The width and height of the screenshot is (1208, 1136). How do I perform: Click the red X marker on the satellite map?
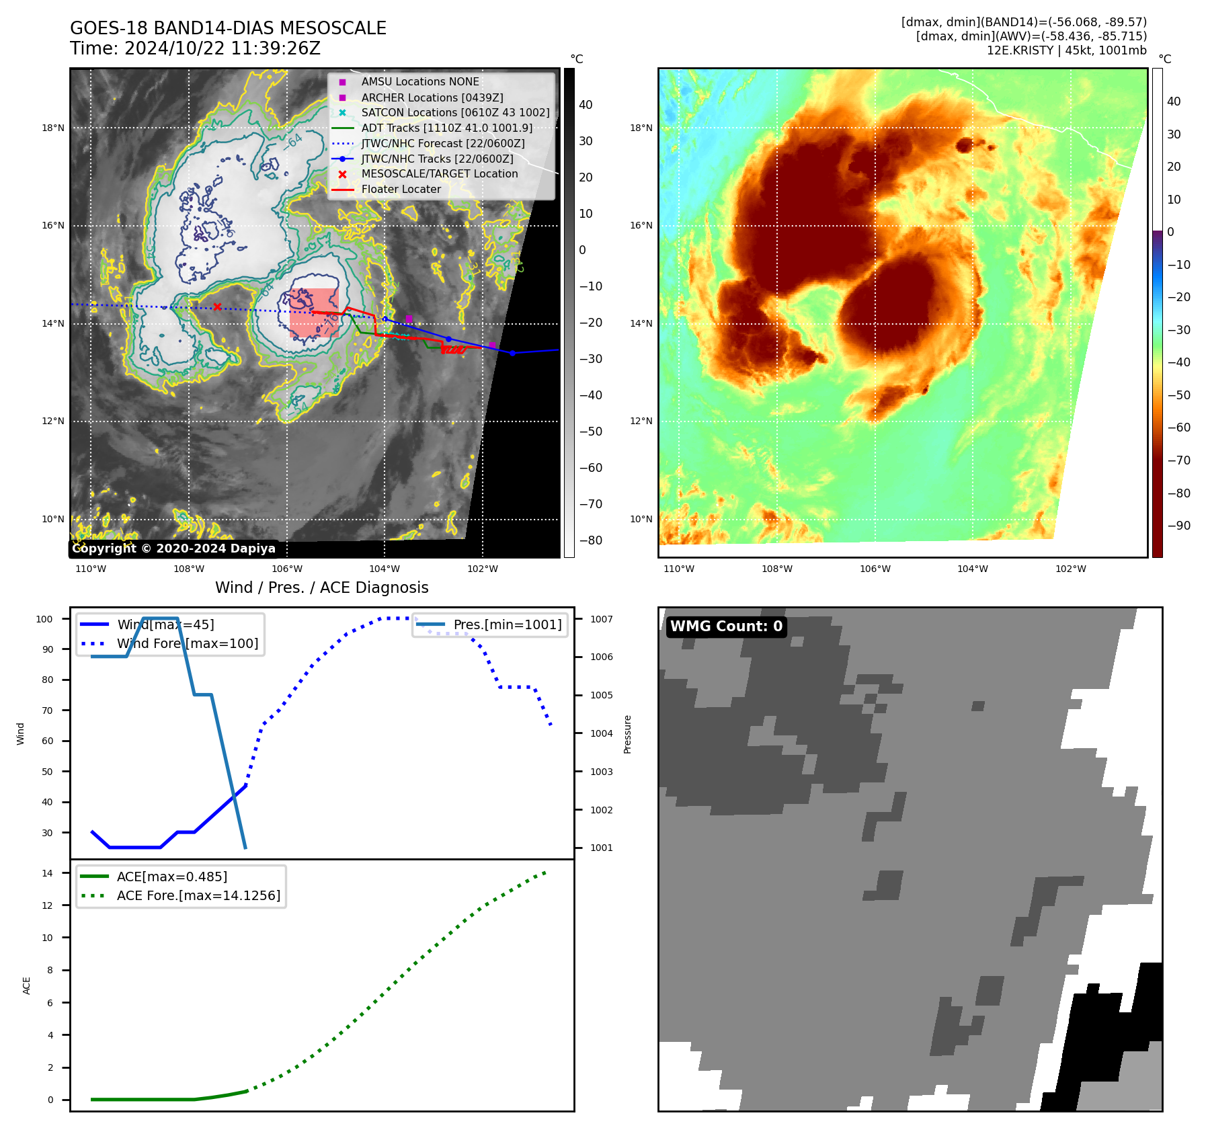(217, 307)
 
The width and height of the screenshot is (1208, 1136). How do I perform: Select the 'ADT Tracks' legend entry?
(446, 128)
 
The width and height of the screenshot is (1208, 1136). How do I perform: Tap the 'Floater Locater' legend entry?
(401, 189)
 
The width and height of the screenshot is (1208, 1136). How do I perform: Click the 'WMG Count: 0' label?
(726, 626)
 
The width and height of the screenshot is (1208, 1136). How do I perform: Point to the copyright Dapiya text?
(173, 549)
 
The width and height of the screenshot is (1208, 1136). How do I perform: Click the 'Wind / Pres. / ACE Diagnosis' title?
(321, 587)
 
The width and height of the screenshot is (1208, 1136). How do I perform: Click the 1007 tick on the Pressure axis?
(602, 619)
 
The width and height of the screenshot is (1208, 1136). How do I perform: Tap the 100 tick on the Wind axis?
(44, 619)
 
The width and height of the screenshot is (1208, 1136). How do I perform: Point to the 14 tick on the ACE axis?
(47, 873)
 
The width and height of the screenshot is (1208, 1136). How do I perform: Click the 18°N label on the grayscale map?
(53, 128)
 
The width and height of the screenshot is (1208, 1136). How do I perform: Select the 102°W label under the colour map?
(1070, 569)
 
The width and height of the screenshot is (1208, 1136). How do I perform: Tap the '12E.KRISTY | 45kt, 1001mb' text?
(1066, 50)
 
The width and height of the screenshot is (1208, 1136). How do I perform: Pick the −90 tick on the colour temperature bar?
(1178, 526)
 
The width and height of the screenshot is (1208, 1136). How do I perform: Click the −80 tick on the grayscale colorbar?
(591, 540)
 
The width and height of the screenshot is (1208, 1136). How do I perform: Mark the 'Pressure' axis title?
(627, 734)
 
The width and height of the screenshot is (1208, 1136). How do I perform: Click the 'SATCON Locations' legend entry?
(455, 112)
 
